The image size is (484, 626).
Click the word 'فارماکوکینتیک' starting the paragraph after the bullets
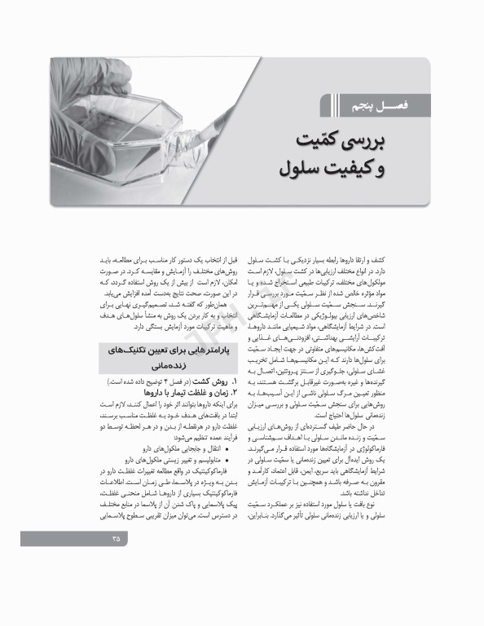[x=190, y=447]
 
